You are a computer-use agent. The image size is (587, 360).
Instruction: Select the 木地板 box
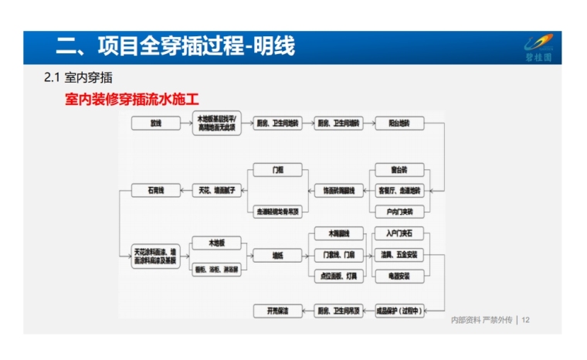(216, 243)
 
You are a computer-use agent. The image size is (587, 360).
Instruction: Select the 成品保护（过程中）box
(399, 311)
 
